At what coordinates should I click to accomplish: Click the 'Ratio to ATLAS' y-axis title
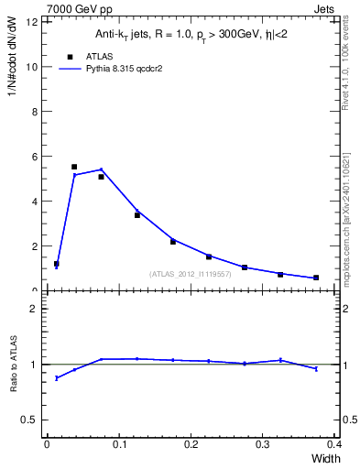click(14, 364)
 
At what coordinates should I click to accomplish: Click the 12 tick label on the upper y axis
click(33, 22)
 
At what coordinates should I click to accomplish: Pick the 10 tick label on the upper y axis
click(33, 67)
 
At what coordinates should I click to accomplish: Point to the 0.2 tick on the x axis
click(191, 443)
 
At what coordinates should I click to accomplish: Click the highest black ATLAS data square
click(74, 167)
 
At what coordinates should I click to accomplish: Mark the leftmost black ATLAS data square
click(57, 264)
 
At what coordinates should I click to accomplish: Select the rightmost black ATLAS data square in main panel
click(316, 278)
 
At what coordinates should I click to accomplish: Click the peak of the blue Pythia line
click(101, 169)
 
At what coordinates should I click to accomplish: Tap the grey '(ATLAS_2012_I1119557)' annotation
click(190, 274)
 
